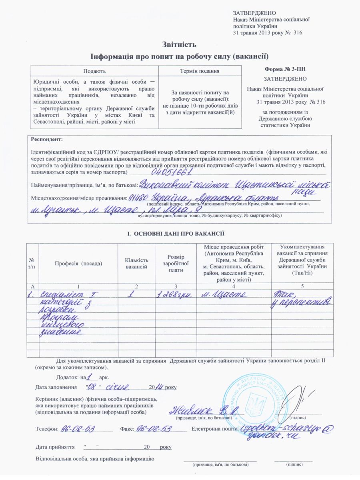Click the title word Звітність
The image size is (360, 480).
pos(179,44)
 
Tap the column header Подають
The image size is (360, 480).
pos(95,71)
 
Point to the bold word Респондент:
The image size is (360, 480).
pos(47,140)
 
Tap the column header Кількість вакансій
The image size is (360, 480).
pos(136,263)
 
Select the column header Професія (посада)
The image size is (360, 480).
pos(78,263)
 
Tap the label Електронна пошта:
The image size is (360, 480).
pos(215,429)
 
